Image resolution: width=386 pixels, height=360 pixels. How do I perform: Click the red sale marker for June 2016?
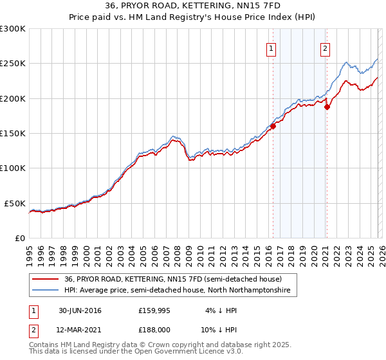tap(273, 127)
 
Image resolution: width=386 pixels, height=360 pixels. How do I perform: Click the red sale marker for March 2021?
tap(327, 107)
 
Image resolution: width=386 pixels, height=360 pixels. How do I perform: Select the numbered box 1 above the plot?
tap(271, 48)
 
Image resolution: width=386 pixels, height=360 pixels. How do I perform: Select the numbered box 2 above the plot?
tap(326, 48)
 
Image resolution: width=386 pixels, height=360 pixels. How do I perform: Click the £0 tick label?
tap(19, 238)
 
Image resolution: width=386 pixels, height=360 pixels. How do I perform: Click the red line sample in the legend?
tap(46, 280)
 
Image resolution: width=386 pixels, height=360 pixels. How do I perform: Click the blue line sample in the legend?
tap(46, 291)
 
